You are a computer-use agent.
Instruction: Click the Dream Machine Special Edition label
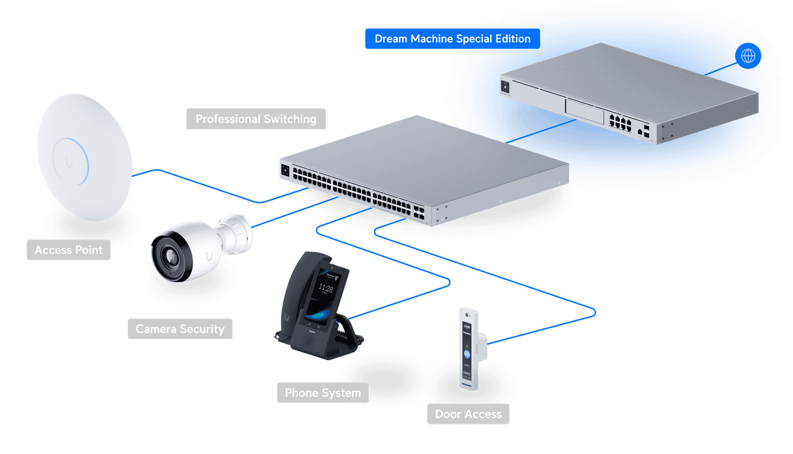click(x=452, y=39)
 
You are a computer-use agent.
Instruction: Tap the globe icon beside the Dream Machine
click(x=748, y=56)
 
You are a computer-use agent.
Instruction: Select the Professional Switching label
click(x=256, y=119)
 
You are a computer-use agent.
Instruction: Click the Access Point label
click(x=68, y=250)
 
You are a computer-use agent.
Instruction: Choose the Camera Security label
click(x=180, y=329)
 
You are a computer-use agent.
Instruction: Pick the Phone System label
click(x=323, y=393)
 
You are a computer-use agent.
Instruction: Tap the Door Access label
click(x=468, y=414)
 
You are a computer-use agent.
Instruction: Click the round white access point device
click(x=84, y=156)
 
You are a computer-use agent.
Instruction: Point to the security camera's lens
click(x=170, y=256)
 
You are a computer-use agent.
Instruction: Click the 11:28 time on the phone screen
click(x=326, y=288)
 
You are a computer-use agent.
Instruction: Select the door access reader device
click(x=468, y=349)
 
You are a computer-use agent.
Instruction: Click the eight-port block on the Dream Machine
click(x=621, y=122)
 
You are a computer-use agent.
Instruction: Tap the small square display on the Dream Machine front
click(x=505, y=87)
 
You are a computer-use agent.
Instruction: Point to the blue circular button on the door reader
click(x=467, y=354)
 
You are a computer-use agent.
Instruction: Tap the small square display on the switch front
click(x=285, y=170)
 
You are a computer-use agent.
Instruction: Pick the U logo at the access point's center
click(x=69, y=162)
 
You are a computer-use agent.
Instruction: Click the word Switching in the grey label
click(x=290, y=119)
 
